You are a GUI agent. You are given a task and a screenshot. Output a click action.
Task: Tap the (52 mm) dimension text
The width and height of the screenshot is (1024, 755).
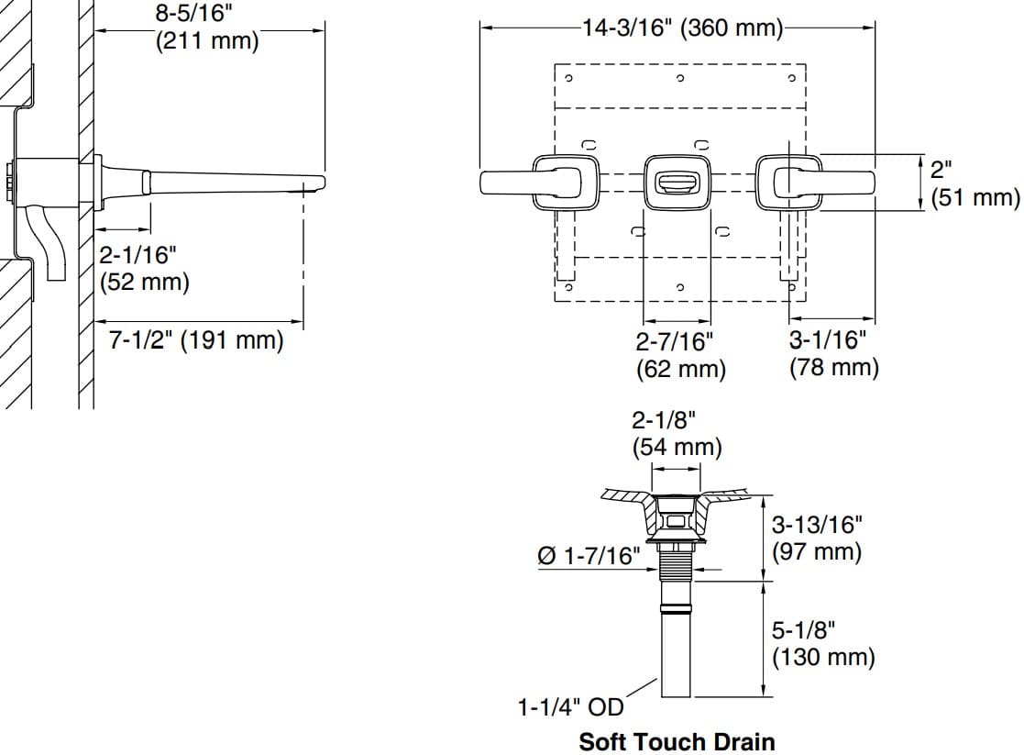(x=145, y=282)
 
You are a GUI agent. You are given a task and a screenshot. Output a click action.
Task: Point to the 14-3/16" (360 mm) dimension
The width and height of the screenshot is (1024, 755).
(x=683, y=28)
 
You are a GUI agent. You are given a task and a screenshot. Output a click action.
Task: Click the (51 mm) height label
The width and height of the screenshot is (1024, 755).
(x=975, y=197)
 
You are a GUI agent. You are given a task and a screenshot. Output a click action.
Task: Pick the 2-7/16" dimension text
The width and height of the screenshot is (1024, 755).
(x=674, y=342)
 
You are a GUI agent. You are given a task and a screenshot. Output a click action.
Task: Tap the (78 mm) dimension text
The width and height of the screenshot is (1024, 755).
(x=833, y=368)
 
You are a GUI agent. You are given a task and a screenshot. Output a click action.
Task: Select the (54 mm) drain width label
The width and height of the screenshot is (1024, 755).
(x=677, y=448)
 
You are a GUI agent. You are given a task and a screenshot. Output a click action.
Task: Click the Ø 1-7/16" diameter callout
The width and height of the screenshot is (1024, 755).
(x=589, y=556)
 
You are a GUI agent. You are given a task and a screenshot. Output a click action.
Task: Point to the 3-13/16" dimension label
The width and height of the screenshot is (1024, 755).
(x=818, y=526)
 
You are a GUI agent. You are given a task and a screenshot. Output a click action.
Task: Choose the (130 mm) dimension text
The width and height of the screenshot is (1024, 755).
(x=822, y=657)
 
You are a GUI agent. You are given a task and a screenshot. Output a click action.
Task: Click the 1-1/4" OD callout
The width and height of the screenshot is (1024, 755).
(x=570, y=707)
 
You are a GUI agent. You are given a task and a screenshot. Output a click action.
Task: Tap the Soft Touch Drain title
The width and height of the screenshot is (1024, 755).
(x=677, y=741)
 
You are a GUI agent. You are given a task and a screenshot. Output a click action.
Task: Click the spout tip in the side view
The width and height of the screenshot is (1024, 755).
(x=316, y=181)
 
